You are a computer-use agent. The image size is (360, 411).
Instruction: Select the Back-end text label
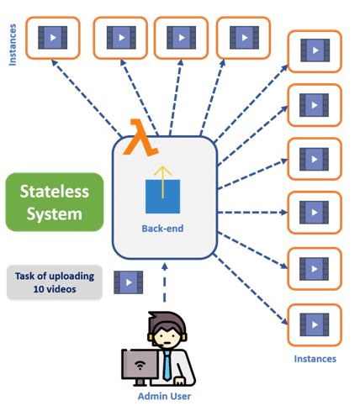162,228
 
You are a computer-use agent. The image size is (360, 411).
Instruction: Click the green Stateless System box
54,202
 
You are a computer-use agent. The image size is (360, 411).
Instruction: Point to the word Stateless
54,191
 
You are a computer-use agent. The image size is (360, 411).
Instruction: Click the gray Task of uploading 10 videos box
53,282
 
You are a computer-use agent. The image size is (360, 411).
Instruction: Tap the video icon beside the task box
128,282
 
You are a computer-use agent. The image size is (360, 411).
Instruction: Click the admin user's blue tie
167,364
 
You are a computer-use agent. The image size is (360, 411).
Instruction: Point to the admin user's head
164,332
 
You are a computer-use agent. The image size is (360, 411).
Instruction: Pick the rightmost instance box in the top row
244,38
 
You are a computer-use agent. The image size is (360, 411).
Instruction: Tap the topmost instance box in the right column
315,51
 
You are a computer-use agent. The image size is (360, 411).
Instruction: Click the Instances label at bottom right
315,359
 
